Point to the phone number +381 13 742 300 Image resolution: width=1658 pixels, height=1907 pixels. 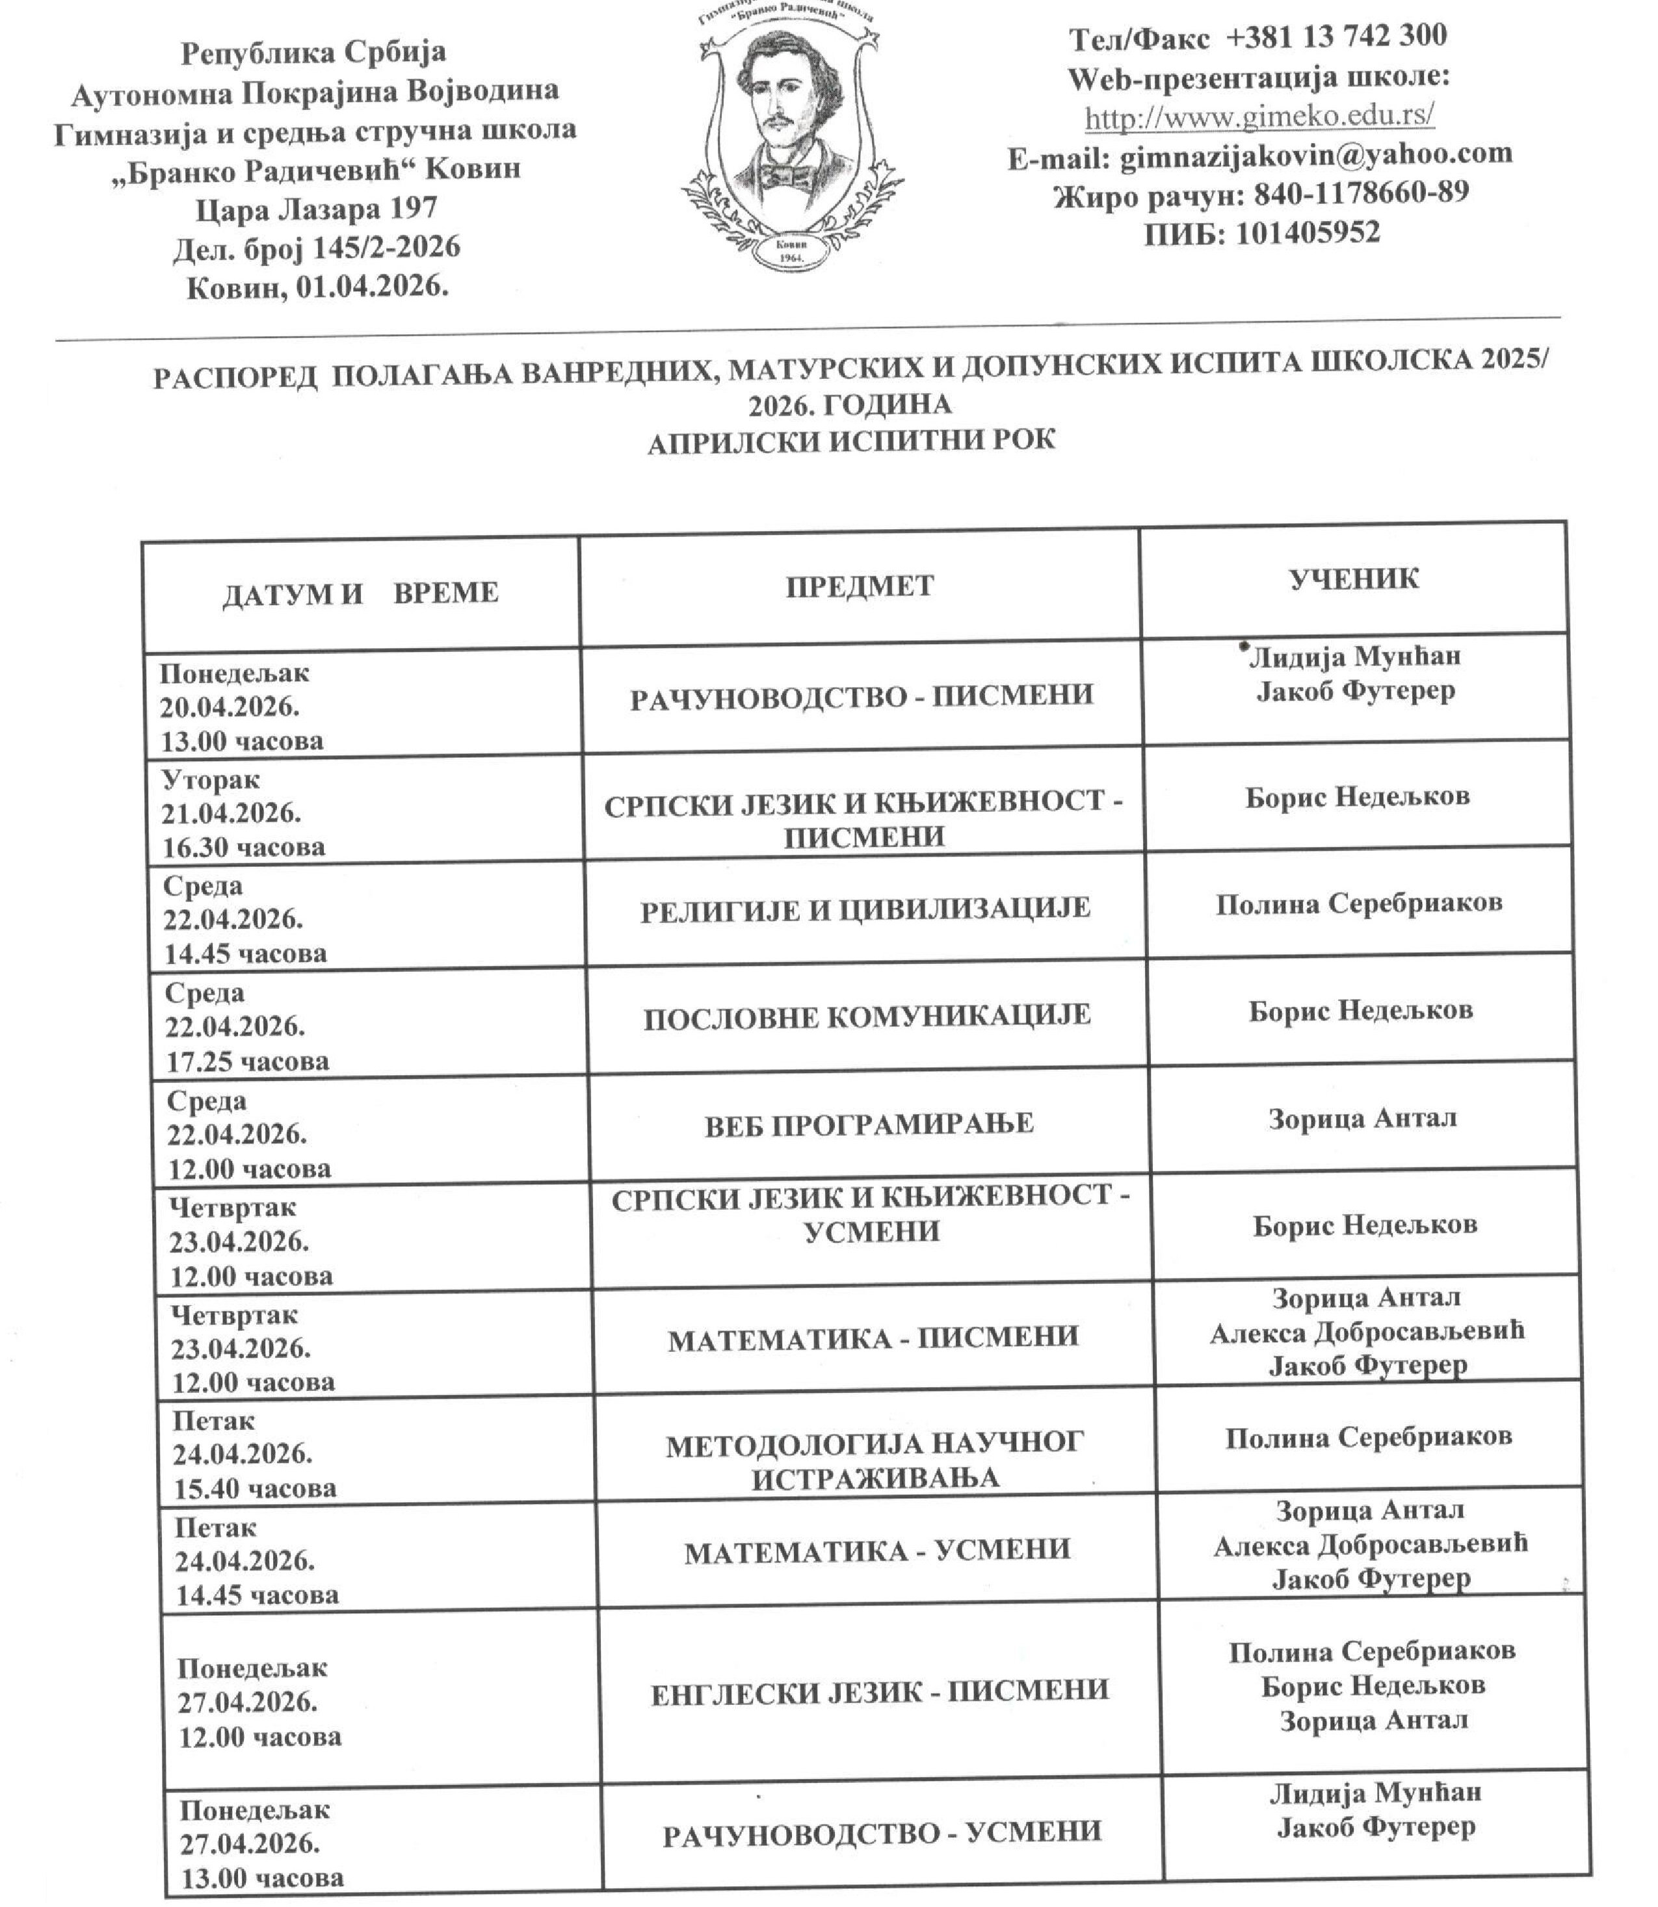point(1336,36)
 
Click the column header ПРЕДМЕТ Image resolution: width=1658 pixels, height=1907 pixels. point(860,586)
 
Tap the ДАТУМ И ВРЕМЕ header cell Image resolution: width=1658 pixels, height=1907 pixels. point(360,593)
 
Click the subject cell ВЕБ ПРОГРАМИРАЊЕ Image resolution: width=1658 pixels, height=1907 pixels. point(869,1124)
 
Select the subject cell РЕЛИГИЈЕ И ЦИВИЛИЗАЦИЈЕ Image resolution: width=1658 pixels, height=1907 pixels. point(865,909)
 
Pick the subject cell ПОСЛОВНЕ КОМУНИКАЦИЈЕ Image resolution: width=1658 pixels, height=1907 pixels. point(867,1017)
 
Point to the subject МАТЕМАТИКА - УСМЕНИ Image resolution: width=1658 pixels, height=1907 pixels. point(877,1550)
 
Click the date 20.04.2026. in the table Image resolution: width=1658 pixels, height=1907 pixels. point(230,708)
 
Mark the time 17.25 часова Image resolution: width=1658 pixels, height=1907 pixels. point(248,1061)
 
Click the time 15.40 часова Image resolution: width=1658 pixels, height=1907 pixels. point(254,1488)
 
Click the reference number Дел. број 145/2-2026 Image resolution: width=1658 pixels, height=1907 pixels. point(317,248)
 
